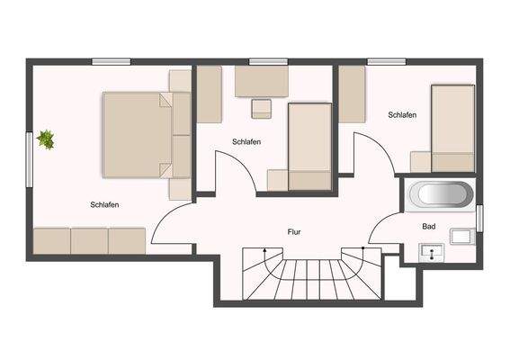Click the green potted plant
coord(46,139)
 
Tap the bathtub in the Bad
coord(440,194)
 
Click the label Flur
coord(294,232)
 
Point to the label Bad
coord(429,227)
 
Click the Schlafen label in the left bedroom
coord(105,205)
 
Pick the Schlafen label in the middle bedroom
coord(246,142)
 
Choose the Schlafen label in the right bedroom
coord(402,115)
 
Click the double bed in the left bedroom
coord(139,134)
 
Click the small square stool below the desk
coord(262,109)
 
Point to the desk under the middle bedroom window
coord(261,82)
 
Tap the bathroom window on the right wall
coord(479,218)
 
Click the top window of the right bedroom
coord(387,61)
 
